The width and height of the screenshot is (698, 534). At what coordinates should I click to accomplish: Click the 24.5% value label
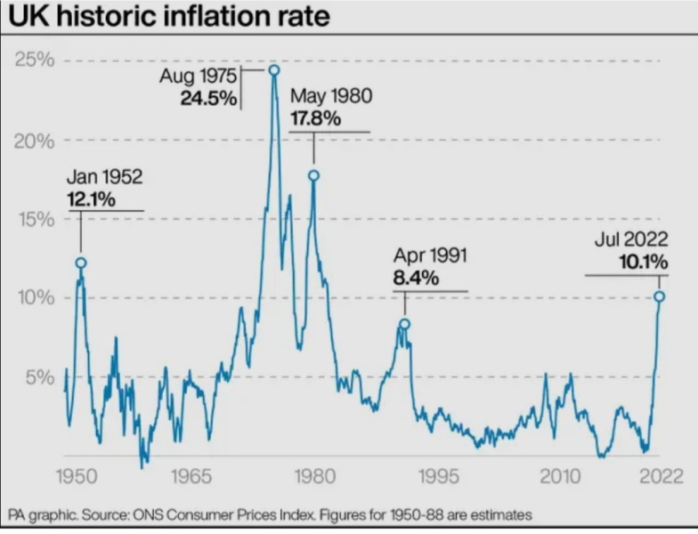click(x=208, y=98)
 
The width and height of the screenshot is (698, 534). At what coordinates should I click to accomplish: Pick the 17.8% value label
click(x=315, y=118)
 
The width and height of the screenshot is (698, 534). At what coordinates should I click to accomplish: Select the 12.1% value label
click(x=91, y=199)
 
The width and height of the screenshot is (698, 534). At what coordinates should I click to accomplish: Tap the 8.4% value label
click(x=416, y=278)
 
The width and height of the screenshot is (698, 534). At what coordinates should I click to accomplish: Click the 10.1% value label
click(x=644, y=262)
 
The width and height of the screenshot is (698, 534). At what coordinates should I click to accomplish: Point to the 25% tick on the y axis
click(x=36, y=60)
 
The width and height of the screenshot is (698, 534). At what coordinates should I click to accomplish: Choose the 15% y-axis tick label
click(x=37, y=219)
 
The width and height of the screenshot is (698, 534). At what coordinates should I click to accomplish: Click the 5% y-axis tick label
click(x=40, y=377)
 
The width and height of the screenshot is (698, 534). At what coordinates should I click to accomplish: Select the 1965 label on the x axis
click(x=192, y=477)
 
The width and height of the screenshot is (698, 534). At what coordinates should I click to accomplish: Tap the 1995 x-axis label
click(x=438, y=477)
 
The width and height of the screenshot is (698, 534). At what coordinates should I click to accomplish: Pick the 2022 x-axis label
click(x=661, y=477)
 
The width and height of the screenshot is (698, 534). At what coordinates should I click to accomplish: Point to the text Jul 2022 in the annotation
click(x=631, y=240)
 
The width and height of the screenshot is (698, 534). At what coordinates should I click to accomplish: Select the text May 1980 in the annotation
click(x=331, y=96)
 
